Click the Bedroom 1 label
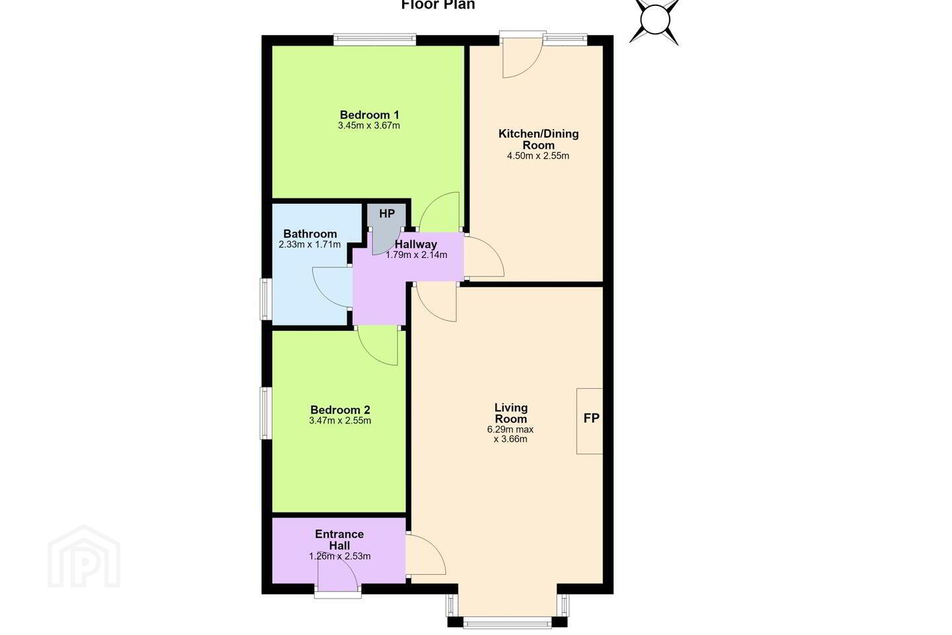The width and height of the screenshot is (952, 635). pos(370,115)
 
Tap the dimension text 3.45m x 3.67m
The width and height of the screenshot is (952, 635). pos(369,126)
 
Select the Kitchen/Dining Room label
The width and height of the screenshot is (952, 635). pos(538,140)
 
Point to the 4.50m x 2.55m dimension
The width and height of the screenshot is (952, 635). pos(538,156)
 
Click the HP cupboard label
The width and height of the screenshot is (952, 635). pos(387,214)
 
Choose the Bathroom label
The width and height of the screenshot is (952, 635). pos(310,234)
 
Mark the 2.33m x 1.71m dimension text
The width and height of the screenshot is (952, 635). pos(310,245)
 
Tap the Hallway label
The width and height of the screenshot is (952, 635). pos(416,245)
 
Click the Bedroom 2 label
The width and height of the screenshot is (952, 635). pos(340,410)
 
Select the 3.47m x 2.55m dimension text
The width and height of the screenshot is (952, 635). pos(340,421)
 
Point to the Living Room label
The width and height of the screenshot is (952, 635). pos(511,413)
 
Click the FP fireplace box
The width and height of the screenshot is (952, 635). pos(590,421)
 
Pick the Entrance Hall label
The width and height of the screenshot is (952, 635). pos(339,540)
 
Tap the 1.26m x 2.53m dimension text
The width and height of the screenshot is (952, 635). pos(340,556)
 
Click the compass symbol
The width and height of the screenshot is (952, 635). pos(654,20)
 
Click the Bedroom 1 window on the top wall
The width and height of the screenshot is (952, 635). pos(374,40)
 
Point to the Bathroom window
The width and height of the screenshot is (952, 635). pos(266,299)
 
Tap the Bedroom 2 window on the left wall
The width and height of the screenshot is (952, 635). pos(266,413)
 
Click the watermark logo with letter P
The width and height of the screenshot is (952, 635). pos(84,557)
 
